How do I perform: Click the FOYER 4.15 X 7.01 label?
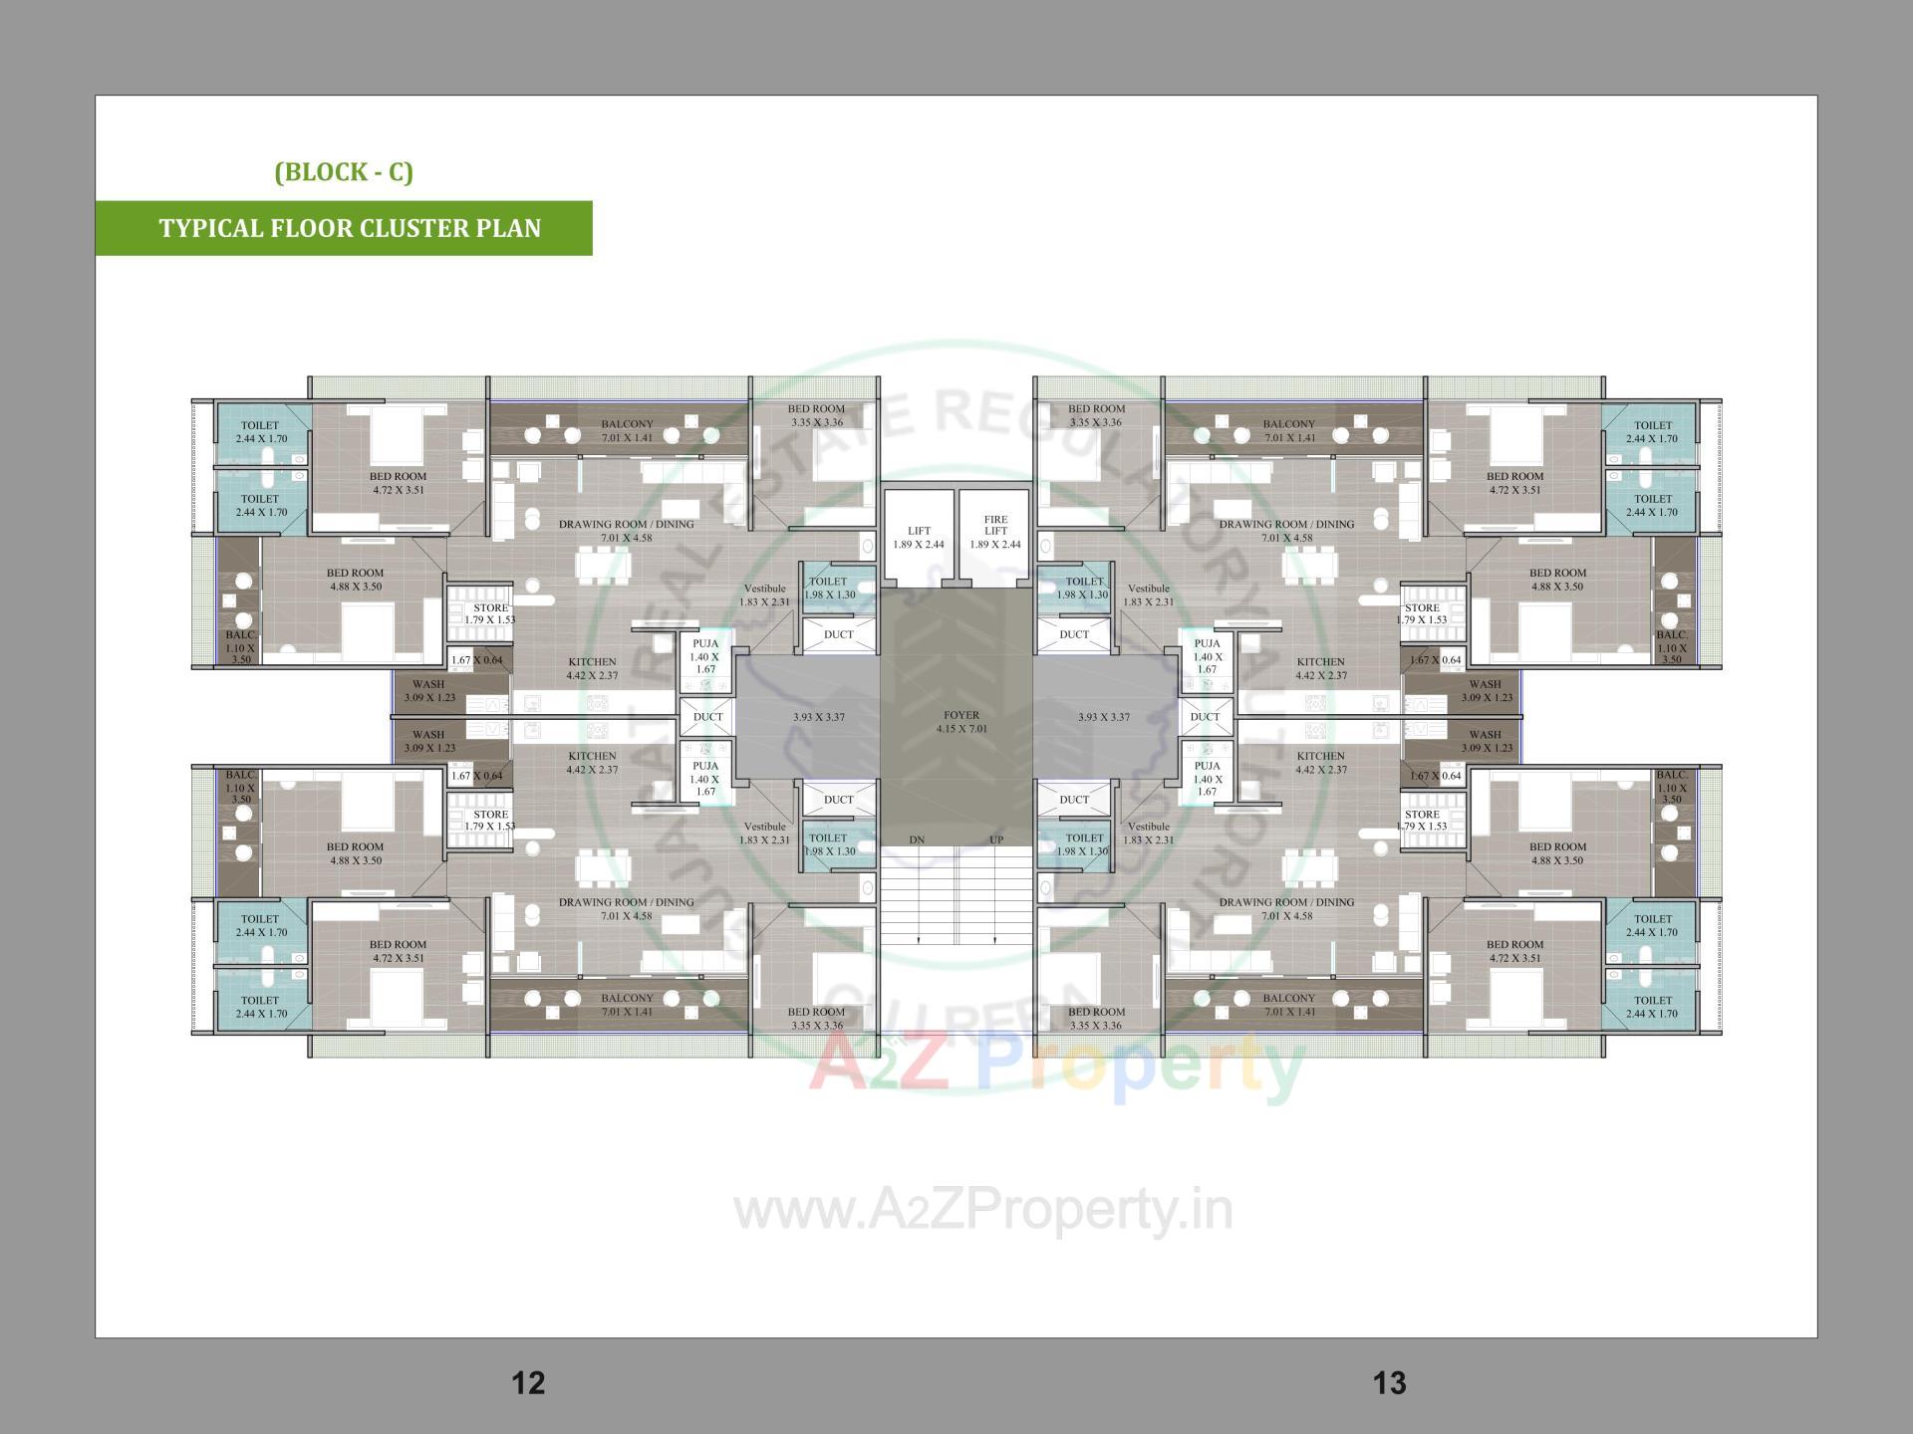tap(961, 722)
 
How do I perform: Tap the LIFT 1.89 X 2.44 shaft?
tap(919, 538)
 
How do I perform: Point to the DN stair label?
tap(917, 839)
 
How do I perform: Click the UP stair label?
tap(996, 839)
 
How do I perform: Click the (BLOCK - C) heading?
tap(344, 171)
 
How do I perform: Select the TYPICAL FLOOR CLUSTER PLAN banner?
tap(350, 228)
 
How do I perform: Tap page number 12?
tap(528, 1382)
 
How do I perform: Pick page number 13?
tap(1390, 1382)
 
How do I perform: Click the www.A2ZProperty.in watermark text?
tap(983, 1211)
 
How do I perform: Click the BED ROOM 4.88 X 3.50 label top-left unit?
tap(355, 580)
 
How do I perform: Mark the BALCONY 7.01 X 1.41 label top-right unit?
tap(1289, 431)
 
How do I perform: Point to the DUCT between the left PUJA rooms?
tap(708, 717)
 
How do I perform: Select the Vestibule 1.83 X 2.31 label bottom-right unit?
tap(1149, 833)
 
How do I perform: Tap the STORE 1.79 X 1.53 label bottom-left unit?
tap(490, 820)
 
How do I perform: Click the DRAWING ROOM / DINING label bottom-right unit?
tap(1286, 908)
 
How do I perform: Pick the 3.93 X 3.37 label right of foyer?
tap(1104, 717)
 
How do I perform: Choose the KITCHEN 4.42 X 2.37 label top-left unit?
tap(592, 668)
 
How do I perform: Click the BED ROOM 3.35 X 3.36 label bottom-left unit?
tap(816, 1018)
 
